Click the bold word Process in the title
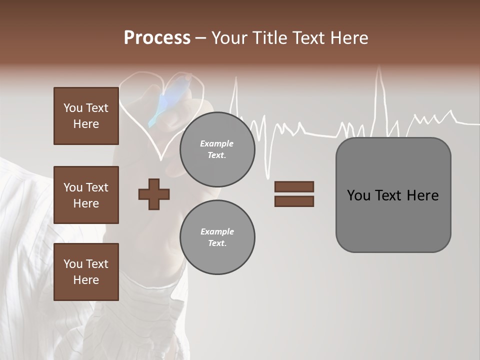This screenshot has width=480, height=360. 157,38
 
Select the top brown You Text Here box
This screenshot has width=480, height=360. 86,116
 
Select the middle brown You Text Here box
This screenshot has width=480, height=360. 86,195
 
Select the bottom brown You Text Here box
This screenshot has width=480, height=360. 86,272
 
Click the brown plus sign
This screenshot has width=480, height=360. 154,194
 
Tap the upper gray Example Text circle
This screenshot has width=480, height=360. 217,149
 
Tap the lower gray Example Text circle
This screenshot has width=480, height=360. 217,237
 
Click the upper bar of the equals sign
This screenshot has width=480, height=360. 294,186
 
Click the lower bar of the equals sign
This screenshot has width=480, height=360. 294,201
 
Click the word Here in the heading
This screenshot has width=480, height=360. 348,38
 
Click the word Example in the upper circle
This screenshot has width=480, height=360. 216,143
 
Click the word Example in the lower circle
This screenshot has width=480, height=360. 217,231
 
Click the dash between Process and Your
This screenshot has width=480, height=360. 200,38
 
